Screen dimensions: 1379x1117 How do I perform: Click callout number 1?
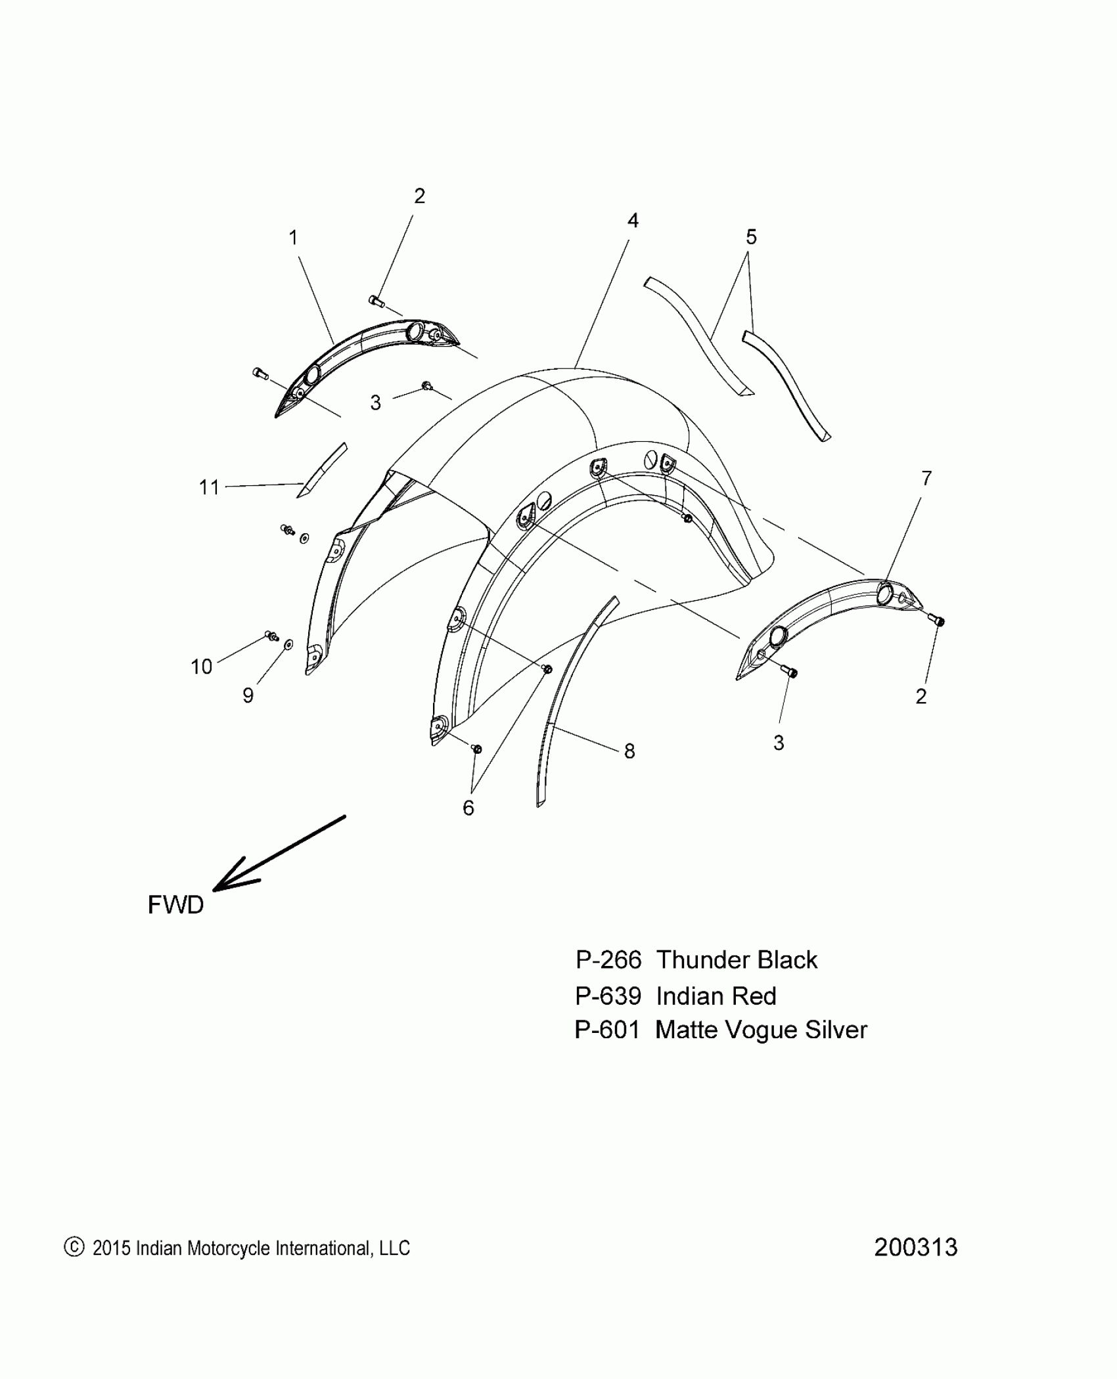click(x=294, y=238)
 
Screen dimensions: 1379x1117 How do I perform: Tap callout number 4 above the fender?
click(x=632, y=221)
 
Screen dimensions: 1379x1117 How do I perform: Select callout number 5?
click(x=751, y=237)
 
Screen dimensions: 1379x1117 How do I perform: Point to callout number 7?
click(x=926, y=479)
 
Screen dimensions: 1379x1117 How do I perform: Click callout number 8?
click(x=629, y=751)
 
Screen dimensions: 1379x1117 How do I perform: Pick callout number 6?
click(x=468, y=808)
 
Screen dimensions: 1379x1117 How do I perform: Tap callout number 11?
click(x=209, y=487)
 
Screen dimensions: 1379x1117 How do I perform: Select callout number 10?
click(x=201, y=667)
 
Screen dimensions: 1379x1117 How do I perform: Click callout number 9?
click(x=248, y=695)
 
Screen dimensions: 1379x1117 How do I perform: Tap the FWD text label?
click(x=175, y=905)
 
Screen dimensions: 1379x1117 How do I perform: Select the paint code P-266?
click(x=608, y=960)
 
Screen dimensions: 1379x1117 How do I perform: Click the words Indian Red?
click(x=716, y=996)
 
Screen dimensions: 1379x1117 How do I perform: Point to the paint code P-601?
click(x=607, y=1030)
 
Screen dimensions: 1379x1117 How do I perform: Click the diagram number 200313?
click(x=915, y=1247)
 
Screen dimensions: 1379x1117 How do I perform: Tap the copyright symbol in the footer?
click(x=74, y=1247)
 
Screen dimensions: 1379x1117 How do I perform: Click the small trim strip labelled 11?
click(x=322, y=470)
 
